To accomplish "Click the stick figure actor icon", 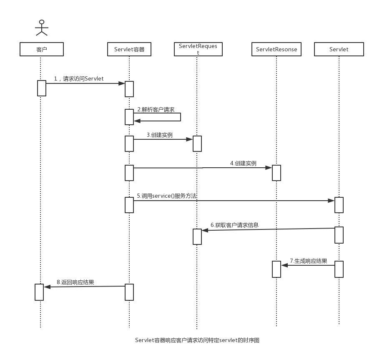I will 41,27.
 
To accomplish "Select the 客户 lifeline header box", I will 41,49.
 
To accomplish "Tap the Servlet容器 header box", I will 129,49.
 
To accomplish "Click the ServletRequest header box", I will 198,49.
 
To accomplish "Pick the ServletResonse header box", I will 276,49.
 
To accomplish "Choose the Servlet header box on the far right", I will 339,49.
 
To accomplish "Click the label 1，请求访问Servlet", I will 79,78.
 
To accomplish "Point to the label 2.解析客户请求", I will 156,109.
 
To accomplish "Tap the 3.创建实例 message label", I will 159,135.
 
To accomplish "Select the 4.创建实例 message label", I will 243,164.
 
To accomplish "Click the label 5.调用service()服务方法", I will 167,196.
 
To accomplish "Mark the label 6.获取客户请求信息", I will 234,225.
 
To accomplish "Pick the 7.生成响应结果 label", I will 309,261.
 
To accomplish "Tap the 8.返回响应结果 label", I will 75,282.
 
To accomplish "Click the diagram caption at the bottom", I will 197,340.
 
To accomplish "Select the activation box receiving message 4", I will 276,173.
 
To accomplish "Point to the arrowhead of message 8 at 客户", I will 47,287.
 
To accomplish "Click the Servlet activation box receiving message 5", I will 339,205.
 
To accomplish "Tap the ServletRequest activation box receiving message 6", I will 197,237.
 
